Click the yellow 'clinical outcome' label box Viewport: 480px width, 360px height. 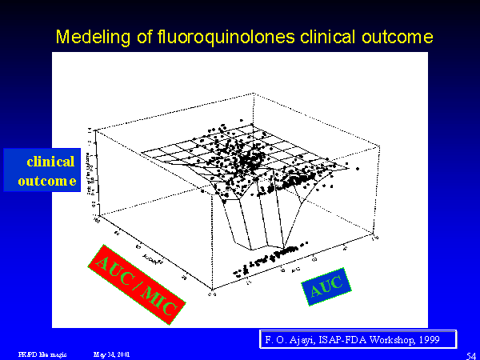[x=41, y=170]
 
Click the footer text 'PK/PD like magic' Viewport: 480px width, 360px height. [x=38, y=353]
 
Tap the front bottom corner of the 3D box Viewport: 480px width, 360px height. [x=210, y=291]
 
